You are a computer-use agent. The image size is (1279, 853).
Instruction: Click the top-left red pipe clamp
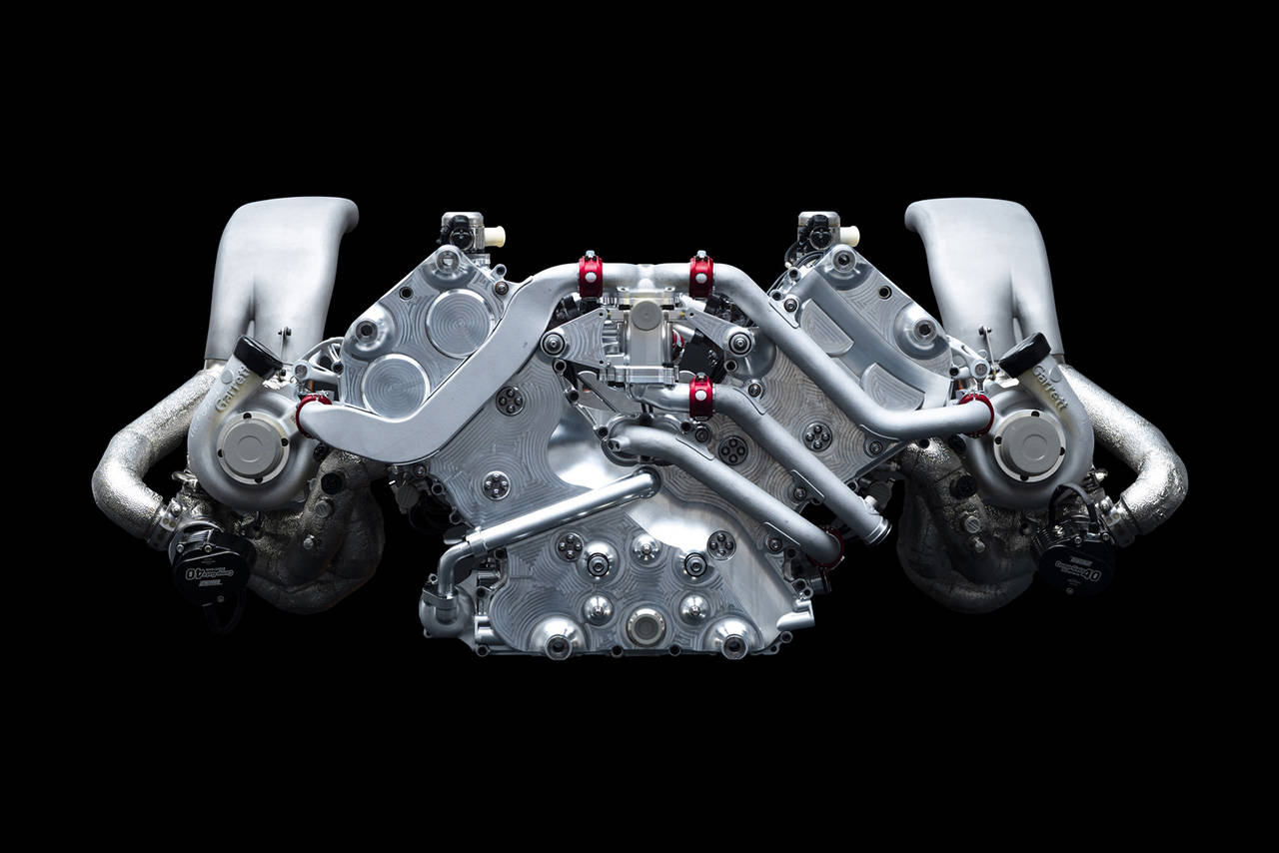click(591, 275)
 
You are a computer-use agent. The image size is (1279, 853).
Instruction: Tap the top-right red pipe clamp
click(701, 275)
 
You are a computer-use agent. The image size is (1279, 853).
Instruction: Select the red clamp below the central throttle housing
click(701, 397)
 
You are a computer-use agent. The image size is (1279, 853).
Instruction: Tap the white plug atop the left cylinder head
click(494, 238)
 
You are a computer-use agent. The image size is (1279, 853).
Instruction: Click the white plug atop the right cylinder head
click(849, 236)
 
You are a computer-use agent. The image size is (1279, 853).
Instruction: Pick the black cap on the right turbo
click(1024, 353)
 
